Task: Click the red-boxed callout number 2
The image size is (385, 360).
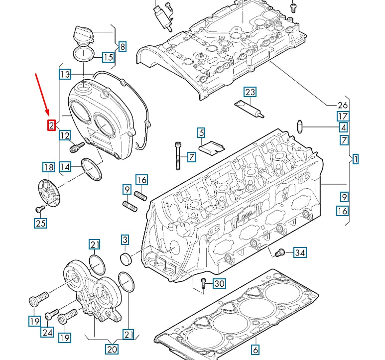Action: pos(52,125)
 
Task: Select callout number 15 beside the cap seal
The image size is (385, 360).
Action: pos(108,57)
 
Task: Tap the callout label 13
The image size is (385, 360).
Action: pos(65,75)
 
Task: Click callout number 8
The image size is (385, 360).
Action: pos(122,47)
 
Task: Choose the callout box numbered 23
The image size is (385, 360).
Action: pos(250,92)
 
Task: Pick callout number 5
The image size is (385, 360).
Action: pos(201,132)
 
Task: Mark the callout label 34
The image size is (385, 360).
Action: pos(299,252)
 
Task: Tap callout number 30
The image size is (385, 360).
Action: pos(219,284)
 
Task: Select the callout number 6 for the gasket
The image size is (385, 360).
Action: pos(255,349)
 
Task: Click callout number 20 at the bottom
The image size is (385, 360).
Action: pos(112,350)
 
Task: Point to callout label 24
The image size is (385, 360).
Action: pos(47,332)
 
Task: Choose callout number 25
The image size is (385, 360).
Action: pos(40,224)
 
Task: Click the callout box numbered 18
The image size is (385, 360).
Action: pos(48,167)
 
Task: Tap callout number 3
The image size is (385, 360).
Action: pos(125,240)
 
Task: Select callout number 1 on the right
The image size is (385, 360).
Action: pos(356,159)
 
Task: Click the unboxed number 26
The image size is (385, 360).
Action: pos(343,105)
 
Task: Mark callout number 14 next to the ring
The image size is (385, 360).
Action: pos(65,167)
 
